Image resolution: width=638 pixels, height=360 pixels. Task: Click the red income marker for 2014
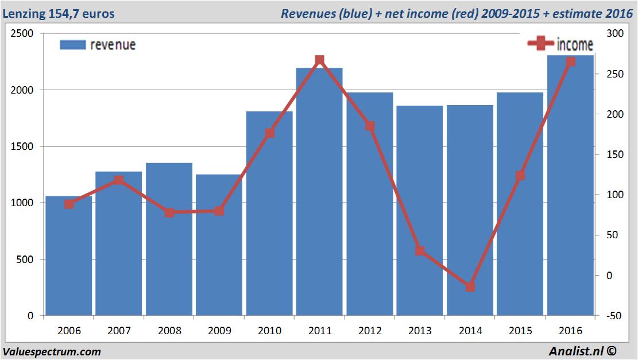tap(470, 287)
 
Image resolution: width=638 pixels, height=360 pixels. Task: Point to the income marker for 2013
tap(420, 251)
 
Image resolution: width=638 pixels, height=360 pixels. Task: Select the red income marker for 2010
tap(269, 133)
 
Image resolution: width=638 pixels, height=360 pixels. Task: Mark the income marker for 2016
tap(570, 61)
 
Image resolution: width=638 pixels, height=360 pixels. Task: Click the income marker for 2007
tap(119, 180)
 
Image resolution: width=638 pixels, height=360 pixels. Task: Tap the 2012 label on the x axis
tap(370, 331)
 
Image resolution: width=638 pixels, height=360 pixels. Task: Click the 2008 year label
tap(169, 331)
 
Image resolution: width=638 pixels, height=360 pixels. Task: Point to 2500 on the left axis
tap(22, 34)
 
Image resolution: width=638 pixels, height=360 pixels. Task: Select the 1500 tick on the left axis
tap(22, 147)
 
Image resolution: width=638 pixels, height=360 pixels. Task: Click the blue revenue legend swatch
tap(73, 45)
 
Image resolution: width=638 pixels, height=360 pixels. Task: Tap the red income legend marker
tap(540, 44)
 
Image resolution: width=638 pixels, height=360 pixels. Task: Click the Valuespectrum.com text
tap(52, 351)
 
